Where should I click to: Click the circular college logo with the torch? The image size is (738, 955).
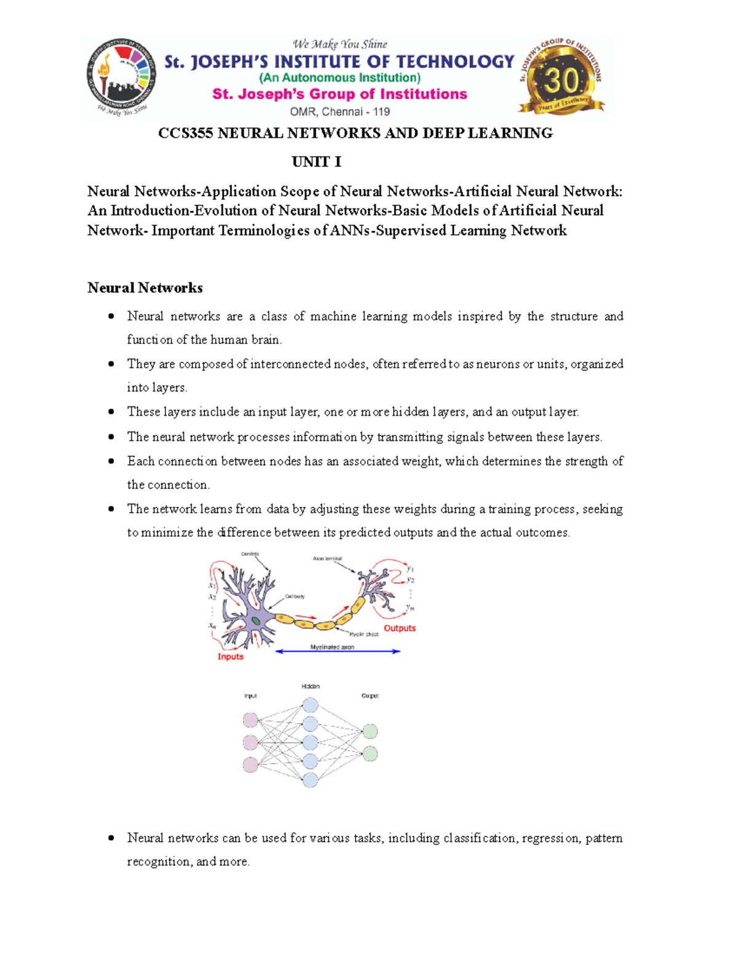[x=121, y=77]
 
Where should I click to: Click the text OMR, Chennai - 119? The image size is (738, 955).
[x=339, y=112]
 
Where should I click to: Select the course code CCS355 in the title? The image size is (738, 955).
[x=185, y=133]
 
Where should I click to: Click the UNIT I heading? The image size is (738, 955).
[x=316, y=162]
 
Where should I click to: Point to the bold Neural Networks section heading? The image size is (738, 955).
[x=145, y=288]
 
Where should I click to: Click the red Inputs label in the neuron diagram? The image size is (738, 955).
[x=231, y=657]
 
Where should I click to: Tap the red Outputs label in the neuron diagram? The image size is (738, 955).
[x=400, y=628]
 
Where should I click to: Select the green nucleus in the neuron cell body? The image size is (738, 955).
[x=255, y=621]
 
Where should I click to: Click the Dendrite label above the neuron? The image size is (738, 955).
[x=250, y=554]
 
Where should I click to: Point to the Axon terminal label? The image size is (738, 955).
[x=327, y=559]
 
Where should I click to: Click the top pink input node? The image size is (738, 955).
[x=250, y=719]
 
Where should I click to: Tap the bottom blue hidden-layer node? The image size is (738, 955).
[x=310, y=780]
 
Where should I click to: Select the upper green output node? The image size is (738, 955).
[x=370, y=731]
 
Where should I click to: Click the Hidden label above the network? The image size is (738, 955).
[x=311, y=686]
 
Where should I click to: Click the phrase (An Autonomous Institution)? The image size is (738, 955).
[x=339, y=78]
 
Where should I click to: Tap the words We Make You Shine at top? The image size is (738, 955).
[x=339, y=44]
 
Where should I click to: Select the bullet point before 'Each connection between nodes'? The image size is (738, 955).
[x=111, y=461]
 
